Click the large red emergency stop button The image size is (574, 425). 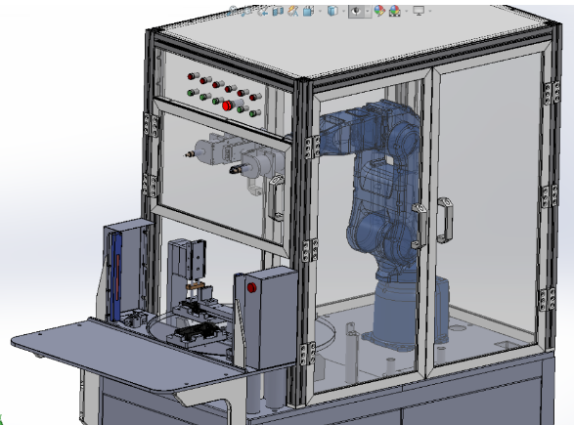click(x=228, y=106)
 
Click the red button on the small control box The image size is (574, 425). click(x=252, y=288)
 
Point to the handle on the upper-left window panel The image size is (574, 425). click(x=277, y=195)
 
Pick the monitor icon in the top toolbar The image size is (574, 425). click(x=419, y=11)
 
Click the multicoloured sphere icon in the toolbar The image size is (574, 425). click(x=394, y=11)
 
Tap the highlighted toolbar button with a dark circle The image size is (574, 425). click(x=357, y=11)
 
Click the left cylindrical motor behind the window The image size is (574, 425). click(x=213, y=152)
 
